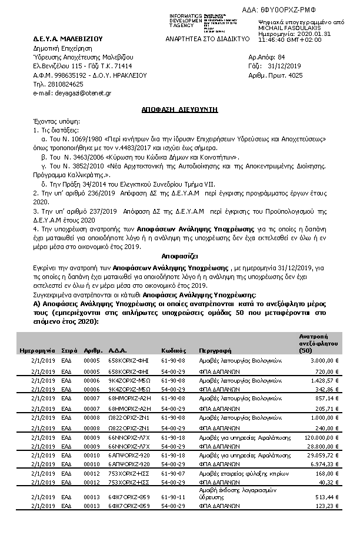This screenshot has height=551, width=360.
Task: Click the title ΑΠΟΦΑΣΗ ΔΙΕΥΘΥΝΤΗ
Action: pyautogui.click(x=180, y=109)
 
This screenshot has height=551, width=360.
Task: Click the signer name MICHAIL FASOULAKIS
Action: pyautogui.click(x=286, y=28)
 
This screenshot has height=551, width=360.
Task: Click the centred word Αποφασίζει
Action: pyautogui.click(x=179, y=257)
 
